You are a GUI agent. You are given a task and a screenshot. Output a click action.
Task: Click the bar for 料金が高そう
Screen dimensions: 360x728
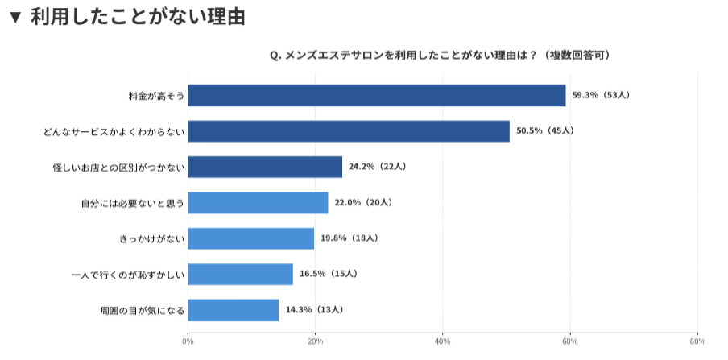point(376,95)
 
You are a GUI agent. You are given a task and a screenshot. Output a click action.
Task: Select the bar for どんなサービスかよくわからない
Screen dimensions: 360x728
point(348,130)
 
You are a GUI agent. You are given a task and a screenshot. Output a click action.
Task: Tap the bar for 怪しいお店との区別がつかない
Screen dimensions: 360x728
point(264,167)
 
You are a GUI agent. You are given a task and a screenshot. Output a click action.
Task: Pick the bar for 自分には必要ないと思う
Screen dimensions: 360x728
point(258,202)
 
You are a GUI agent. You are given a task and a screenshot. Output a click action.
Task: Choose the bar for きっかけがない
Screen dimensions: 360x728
point(250,238)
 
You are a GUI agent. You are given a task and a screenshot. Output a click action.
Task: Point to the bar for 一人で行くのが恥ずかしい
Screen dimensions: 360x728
point(240,274)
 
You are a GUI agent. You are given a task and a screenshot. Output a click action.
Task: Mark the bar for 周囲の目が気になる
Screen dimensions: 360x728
point(233,310)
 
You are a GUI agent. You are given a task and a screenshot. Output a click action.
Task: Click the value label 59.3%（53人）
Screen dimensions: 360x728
point(601,95)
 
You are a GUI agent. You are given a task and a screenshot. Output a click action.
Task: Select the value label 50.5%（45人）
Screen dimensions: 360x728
point(544,130)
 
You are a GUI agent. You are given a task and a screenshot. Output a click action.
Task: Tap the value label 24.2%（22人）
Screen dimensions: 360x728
point(377,167)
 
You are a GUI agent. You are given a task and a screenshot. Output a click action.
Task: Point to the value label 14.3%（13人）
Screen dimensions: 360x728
point(314,310)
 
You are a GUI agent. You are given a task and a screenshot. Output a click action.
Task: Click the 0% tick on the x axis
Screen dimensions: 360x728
point(188,341)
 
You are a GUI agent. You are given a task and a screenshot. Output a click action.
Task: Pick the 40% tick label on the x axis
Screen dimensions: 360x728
point(442,341)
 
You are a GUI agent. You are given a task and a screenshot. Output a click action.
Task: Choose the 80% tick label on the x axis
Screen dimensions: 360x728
point(697,341)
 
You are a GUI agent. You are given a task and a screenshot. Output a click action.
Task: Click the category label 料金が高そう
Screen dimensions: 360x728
point(156,95)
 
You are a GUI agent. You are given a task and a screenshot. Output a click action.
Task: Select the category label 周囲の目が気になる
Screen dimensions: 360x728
point(142,310)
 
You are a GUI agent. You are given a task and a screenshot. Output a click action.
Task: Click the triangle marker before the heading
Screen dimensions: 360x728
point(14,17)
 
